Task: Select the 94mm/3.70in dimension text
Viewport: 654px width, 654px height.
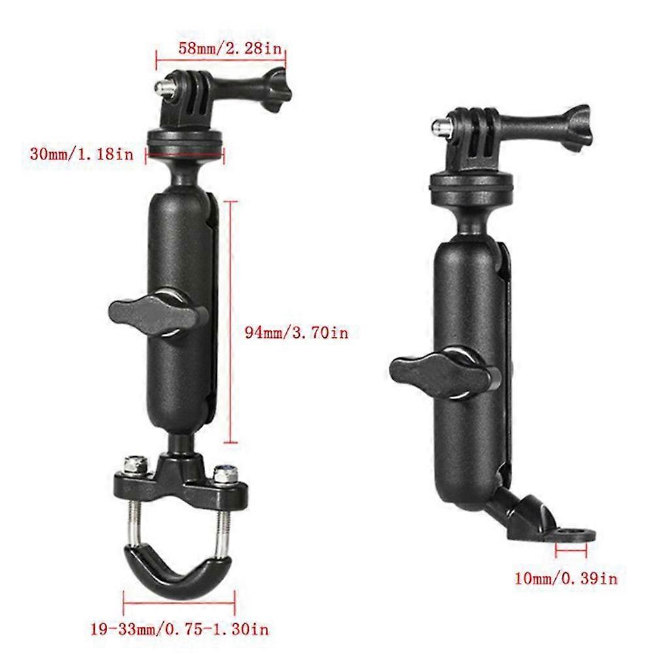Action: (295, 333)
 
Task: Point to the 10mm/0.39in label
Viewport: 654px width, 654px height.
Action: (564, 578)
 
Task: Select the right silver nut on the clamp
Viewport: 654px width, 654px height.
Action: (224, 470)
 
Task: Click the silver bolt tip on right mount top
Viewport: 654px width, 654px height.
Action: (438, 123)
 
